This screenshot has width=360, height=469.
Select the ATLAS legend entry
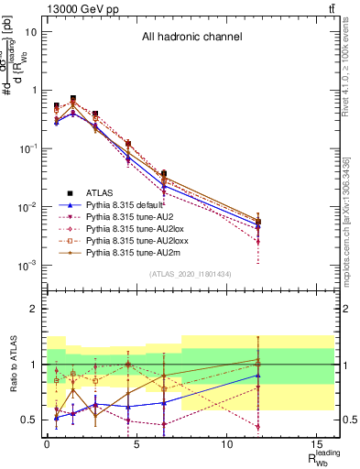[101, 192]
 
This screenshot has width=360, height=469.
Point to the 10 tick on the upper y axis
[31, 31]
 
